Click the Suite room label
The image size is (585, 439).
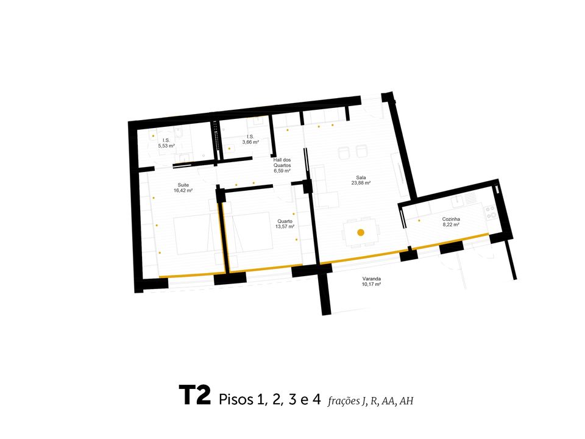click(x=183, y=185)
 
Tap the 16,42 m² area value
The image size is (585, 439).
click(x=183, y=190)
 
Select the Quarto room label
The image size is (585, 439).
click(x=285, y=221)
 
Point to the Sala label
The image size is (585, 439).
click(x=361, y=177)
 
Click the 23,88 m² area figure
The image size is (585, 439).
click(x=361, y=183)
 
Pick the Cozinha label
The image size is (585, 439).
click(x=451, y=219)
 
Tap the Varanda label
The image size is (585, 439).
click(x=372, y=279)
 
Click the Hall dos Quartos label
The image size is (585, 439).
click(x=282, y=162)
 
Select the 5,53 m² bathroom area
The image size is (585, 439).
click(x=166, y=146)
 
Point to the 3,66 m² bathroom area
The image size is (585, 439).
click(x=250, y=142)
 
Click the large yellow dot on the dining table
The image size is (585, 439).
click(x=361, y=232)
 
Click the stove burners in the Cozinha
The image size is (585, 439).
click(x=490, y=212)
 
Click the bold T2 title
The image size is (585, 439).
click(x=195, y=395)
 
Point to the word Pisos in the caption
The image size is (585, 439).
click(x=235, y=399)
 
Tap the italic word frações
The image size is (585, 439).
click(x=344, y=401)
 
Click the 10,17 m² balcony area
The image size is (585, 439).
click(x=371, y=284)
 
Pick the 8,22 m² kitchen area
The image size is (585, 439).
click(x=451, y=225)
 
